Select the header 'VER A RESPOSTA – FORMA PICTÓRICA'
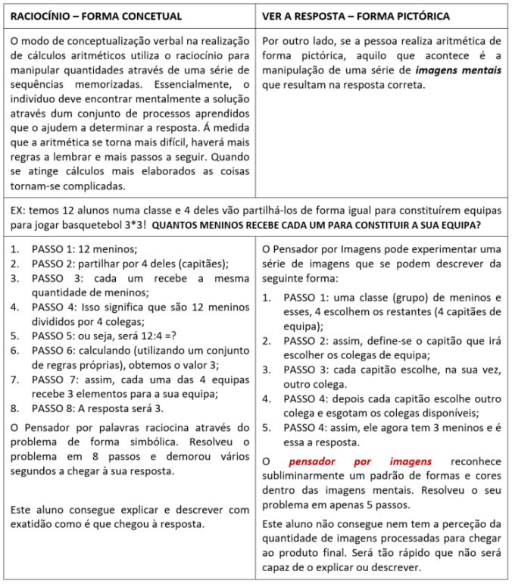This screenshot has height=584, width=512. pos(356,16)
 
